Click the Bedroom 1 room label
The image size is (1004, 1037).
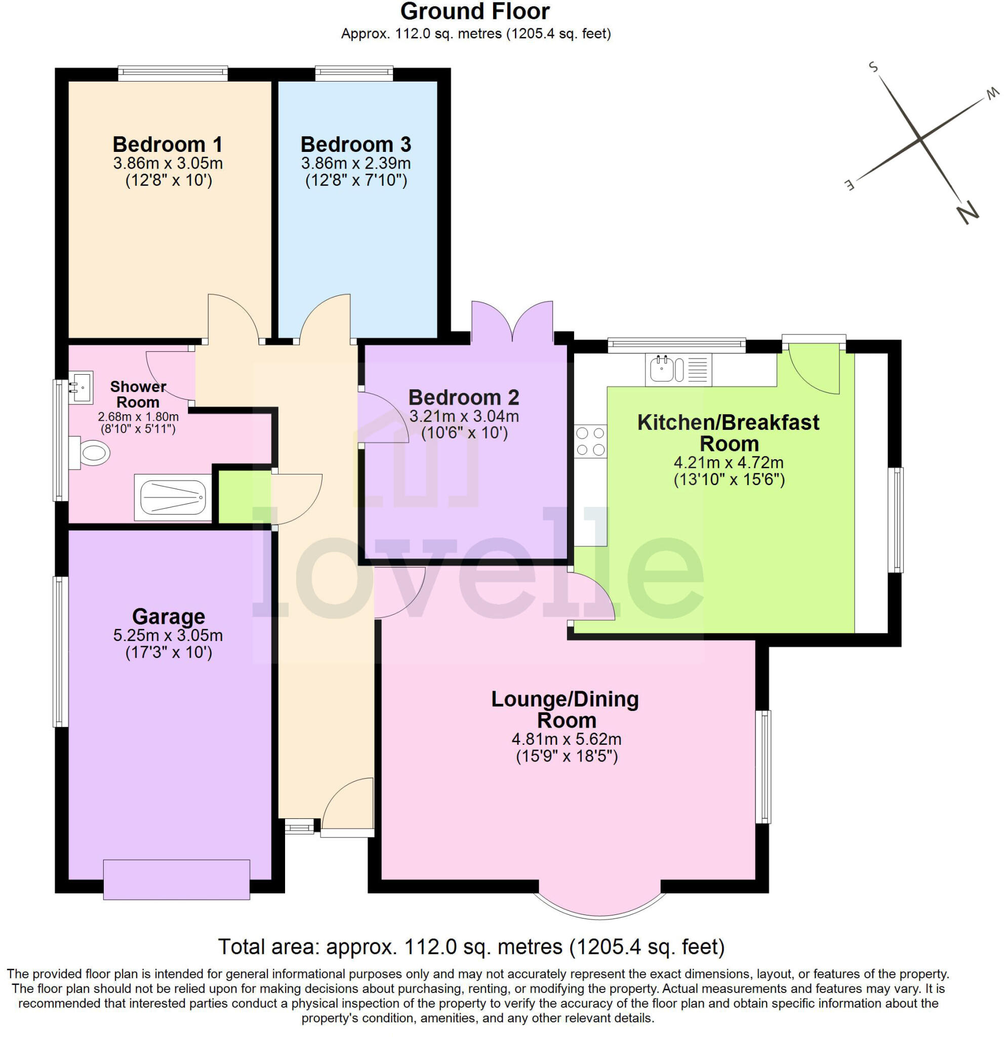pos(167,144)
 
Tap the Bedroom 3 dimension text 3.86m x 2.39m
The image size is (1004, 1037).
pos(355,163)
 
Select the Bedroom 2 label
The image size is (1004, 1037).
pos(463,397)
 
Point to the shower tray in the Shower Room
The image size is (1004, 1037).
pos(173,497)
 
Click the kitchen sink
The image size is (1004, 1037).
pos(678,369)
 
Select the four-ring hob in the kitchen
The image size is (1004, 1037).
pos(590,441)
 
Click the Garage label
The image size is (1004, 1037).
pos(169,617)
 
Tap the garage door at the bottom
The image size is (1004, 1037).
pos(176,880)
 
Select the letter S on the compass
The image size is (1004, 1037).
pos(873,67)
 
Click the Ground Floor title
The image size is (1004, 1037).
pos(475,11)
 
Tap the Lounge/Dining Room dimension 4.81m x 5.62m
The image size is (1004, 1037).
pos(566,739)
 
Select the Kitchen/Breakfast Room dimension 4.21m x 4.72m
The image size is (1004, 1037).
pos(729,462)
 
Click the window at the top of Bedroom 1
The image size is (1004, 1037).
pos(173,73)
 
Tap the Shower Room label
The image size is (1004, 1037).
pos(138,394)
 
